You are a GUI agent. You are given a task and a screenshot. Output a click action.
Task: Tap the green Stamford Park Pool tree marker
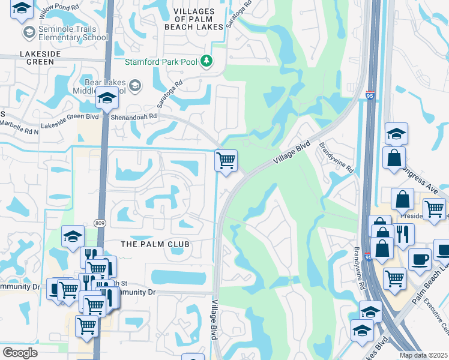(206, 61)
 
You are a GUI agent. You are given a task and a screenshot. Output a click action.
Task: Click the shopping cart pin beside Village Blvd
(226, 161)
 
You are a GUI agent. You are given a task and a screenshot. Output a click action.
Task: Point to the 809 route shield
(100, 223)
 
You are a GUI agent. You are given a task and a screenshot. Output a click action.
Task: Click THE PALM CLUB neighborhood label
(155, 244)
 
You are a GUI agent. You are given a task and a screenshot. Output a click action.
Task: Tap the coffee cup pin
(420, 259)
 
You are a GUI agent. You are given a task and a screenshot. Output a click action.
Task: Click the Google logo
(20, 352)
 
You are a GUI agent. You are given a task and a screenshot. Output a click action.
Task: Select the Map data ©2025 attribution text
(423, 355)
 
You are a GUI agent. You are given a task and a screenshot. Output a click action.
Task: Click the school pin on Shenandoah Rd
(107, 98)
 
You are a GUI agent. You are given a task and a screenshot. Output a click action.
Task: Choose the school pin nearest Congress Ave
(396, 133)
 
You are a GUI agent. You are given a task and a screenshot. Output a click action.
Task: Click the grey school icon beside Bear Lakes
(134, 85)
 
